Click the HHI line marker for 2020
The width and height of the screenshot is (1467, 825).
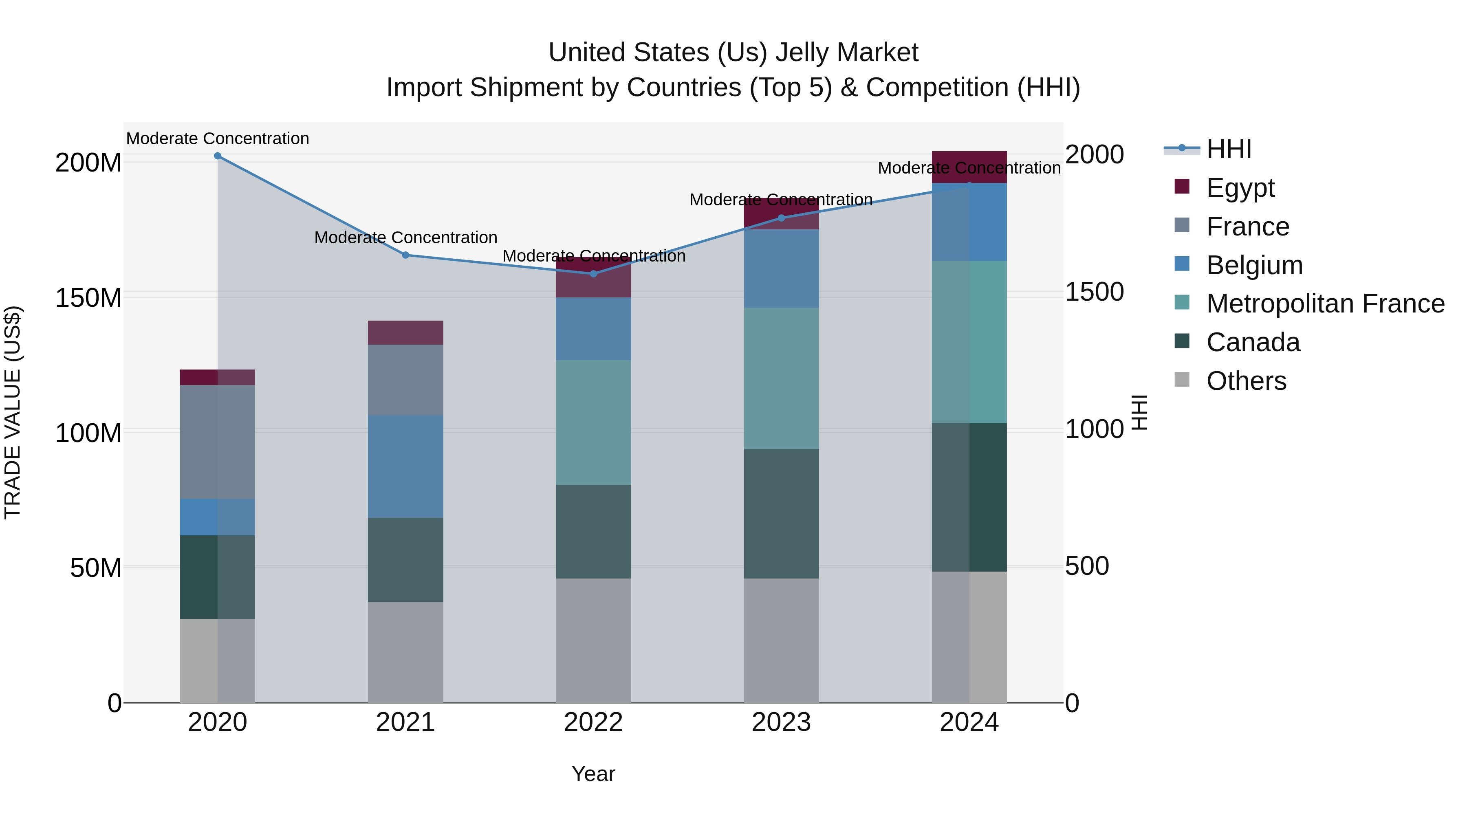click(218, 156)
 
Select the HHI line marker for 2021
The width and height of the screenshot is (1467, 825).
click(405, 255)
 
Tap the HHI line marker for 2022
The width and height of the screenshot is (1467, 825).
click(593, 274)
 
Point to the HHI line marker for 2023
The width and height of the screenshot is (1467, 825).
click(781, 218)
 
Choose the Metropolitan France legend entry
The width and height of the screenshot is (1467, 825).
click(1325, 304)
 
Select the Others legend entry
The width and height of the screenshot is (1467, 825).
click(1246, 381)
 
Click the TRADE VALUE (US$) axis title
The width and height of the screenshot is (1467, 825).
click(13, 412)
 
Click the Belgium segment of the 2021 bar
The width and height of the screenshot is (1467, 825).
click(405, 466)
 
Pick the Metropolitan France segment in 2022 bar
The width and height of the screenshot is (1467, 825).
click(593, 422)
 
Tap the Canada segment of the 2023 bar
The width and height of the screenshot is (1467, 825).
click(781, 514)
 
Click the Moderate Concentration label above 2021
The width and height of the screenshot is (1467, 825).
click(405, 238)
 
